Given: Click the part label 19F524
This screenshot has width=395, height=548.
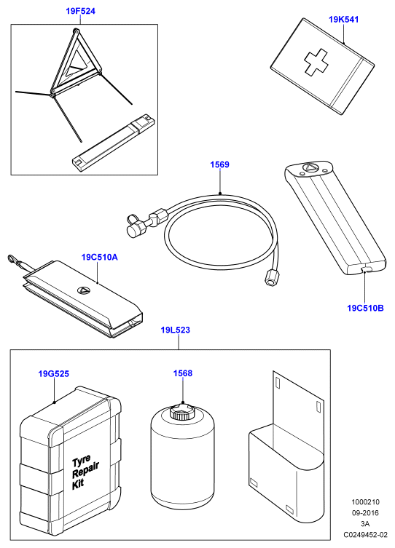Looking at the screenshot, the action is [x=80, y=11].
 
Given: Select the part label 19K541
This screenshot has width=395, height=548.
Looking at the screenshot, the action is [x=343, y=19].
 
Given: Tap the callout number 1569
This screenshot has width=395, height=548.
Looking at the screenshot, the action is [x=219, y=164].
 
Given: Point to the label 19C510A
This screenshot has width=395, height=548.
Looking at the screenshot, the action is [x=99, y=257].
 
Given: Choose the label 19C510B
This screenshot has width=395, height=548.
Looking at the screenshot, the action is [x=365, y=308].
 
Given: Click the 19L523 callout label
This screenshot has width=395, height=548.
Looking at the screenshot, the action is [x=176, y=330].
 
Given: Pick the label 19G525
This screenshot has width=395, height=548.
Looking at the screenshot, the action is [x=53, y=373].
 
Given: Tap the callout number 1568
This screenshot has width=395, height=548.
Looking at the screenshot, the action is [x=183, y=373].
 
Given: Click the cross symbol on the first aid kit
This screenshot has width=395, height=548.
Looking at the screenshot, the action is [x=316, y=63].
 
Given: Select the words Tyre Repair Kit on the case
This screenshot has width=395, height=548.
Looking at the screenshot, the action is [x=85, y=472].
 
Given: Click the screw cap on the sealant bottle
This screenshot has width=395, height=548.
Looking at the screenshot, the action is [x=181, y=412].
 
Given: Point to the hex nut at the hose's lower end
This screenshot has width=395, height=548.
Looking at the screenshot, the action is [x=271, y=277].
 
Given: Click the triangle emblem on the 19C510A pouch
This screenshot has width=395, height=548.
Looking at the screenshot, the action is [x=84, y=290].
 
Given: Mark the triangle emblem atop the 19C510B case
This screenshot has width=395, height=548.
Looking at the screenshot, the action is [x=310, y=168].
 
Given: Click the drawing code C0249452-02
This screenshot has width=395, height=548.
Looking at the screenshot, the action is [x=365, y=534].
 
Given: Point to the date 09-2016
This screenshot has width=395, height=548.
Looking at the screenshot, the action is [x=365, y=512].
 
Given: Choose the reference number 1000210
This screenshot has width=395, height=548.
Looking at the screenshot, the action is [x=365, y=502].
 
